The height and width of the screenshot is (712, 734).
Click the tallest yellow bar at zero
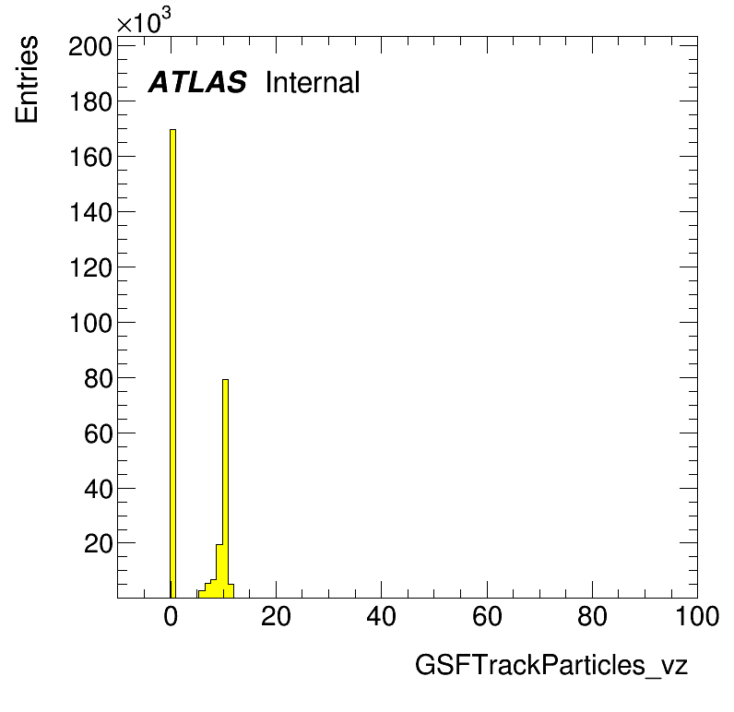(x=172, y=363)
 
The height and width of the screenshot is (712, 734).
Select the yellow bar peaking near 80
(x=225, y=488)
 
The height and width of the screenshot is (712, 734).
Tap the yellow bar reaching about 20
(x=219, y=571)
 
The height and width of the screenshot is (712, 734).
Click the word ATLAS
(x=197, y=82)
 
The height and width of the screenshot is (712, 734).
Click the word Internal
(x=313, y=82)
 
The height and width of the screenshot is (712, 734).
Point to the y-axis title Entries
(x=27, y=79)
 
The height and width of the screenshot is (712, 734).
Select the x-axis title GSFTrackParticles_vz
(x=551, y=665)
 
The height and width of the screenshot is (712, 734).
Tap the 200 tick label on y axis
(x=90, y=47)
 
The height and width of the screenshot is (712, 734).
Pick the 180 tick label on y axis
(x=90, y=102)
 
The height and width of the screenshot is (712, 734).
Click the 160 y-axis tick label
(x=90, y=158)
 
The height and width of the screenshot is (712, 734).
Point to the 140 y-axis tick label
(x=90, y=212)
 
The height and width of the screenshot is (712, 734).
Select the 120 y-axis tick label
(x=90, y=268)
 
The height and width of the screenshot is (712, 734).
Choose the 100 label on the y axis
(x=90, y=324)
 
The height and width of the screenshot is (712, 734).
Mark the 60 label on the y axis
(x=99, y=434)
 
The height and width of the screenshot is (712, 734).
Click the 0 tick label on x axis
(x=171, y=616)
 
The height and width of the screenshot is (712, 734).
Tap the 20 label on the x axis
(x=276, y=616)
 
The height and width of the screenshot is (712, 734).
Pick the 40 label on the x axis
(x=381, y=616)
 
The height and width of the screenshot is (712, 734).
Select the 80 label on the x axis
(x=592, y=616)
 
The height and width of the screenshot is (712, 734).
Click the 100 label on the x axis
(x=697, y=616)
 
